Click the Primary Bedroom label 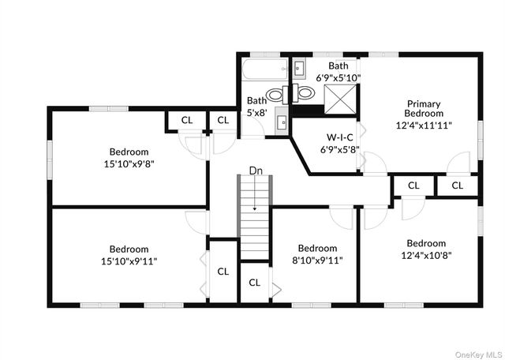424,108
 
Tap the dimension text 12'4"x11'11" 424,124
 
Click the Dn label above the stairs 256,170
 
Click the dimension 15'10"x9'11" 129,261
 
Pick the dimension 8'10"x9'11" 318,260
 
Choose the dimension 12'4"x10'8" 426,255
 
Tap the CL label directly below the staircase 255,283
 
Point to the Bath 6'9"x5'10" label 338,72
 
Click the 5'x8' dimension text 256,112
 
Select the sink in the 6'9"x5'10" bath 300,69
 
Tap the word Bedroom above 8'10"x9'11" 318,248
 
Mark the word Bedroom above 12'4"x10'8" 426,243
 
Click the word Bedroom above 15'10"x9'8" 129,152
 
